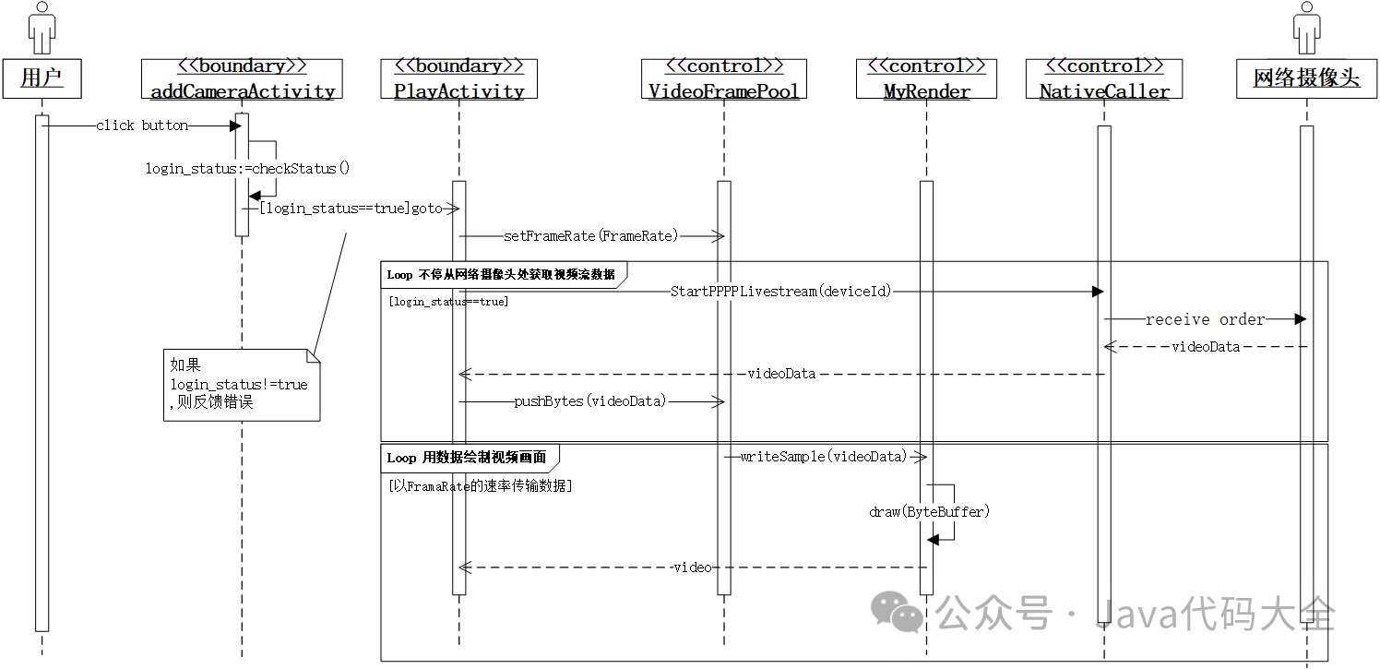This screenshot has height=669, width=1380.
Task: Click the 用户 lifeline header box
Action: (42, 78)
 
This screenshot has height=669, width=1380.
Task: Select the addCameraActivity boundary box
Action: (242, 78)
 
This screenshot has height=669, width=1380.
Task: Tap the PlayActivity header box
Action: (458, 78)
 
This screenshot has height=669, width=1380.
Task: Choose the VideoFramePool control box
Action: (723, 78)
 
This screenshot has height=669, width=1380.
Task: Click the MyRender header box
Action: (926, 78)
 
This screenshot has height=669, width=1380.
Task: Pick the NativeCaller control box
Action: (1104, 78)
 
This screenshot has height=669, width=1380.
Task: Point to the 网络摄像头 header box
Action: (1306, 78)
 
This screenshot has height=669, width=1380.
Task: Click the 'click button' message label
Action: (142, 125)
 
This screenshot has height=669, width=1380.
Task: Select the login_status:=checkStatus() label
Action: (248, 168)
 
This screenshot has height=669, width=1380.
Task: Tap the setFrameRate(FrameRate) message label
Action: (590, 236)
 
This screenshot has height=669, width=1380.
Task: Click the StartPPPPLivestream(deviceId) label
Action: (781, 292)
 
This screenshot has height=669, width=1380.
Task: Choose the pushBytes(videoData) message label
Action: (589, 401)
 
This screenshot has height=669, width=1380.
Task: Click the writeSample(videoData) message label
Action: (824, 457)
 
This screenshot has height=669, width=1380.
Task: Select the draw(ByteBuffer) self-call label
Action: (929, 511)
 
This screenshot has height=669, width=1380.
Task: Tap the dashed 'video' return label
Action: (692, 567)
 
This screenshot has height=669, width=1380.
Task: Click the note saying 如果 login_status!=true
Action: (241, 385)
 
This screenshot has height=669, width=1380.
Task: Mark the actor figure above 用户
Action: (42, 28)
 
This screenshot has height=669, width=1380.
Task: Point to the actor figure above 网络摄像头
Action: (1306, 28)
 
